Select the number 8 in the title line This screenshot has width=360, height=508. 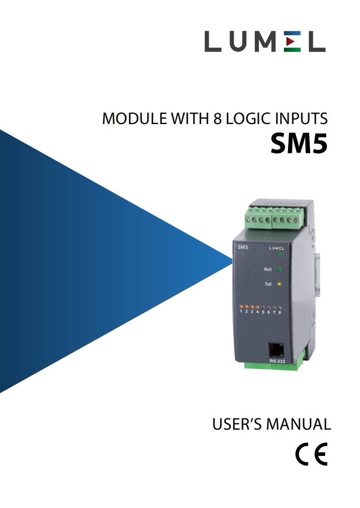[x=216, y=119]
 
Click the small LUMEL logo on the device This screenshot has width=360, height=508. [x=277, y=248]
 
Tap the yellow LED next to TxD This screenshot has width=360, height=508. [x=279, y=284]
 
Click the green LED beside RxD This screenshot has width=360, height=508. [x=279, y=270]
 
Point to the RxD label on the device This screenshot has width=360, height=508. [x=268, y=270]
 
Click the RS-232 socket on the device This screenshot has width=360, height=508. [x=276, y=350]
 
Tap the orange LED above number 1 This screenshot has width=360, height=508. [x=241, y=307]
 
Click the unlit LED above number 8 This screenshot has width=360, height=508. [x=280, y=308]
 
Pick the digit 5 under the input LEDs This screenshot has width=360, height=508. [x=263, y=312]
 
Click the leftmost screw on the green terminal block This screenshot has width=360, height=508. [x=249, y=220]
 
